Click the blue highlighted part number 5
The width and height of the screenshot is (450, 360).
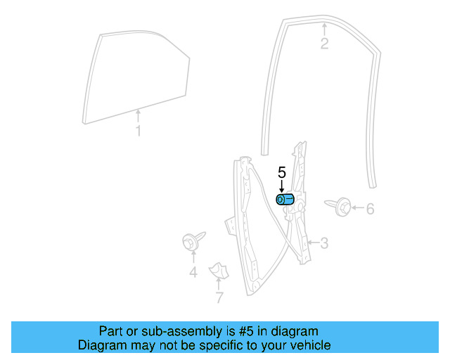point(285,200)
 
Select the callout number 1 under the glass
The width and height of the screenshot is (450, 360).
point(138,131)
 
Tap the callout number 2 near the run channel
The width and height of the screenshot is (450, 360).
point(324,44)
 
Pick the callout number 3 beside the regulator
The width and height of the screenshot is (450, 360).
point(324,244)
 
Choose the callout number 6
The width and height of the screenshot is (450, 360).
point(370,208)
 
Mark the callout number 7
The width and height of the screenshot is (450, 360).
point(219,297)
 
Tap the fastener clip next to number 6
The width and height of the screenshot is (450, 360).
point(340,207)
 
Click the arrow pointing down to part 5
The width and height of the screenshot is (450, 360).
point(281,186)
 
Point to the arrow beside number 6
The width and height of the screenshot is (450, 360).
point(356,208)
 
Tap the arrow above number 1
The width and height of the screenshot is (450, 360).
point(138,115)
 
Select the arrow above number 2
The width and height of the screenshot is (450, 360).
point(324,30)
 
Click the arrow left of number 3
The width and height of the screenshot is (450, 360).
point(313,244)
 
